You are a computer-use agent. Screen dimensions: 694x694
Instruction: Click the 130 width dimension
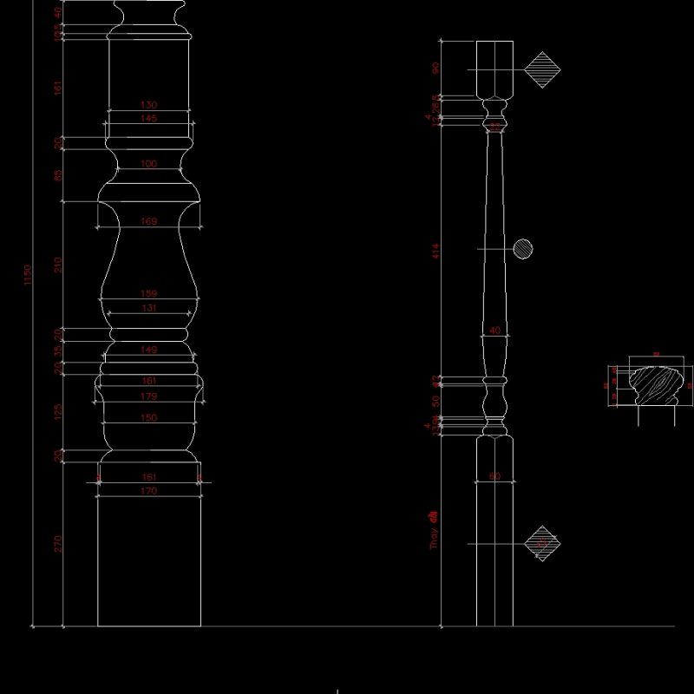click(148, 105)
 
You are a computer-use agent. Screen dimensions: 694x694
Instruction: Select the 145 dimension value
click(148, 118)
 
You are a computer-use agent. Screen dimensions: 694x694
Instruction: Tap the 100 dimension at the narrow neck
click(148, 164)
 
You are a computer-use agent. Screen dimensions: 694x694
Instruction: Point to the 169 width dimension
click(148, 222)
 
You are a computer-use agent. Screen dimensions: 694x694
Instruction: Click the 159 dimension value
click(148, 294)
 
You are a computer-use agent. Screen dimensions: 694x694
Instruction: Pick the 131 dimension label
click(148, 308)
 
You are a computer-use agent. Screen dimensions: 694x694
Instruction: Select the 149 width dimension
click(148, 350)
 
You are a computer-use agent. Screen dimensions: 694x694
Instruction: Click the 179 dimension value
click(148, 397)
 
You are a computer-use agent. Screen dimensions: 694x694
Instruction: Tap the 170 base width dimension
click(148, 491)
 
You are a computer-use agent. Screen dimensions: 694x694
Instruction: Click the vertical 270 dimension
click(58, 544)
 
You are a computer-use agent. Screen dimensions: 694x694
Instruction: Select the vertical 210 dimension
click(58, 265)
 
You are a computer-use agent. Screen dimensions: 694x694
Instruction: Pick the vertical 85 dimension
click(58, 175)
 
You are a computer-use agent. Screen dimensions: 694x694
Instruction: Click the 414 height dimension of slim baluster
click(436, 252)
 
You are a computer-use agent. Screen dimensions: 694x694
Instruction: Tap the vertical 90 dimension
click(436, 68)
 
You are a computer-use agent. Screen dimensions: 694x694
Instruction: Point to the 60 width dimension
click(494, 476)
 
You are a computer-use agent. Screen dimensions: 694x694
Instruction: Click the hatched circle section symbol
click(522, 250)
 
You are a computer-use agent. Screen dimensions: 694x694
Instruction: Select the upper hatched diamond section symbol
click(542, 69)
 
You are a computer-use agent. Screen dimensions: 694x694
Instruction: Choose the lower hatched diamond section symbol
click(542, 544)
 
